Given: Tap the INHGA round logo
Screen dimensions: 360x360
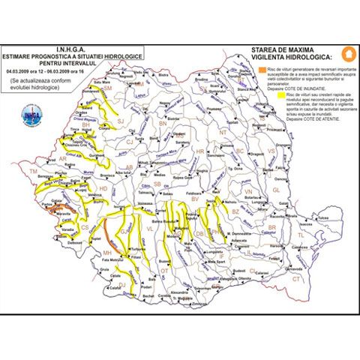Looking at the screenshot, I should (31, 115).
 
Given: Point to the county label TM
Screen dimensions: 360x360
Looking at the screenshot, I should (32, 172).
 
